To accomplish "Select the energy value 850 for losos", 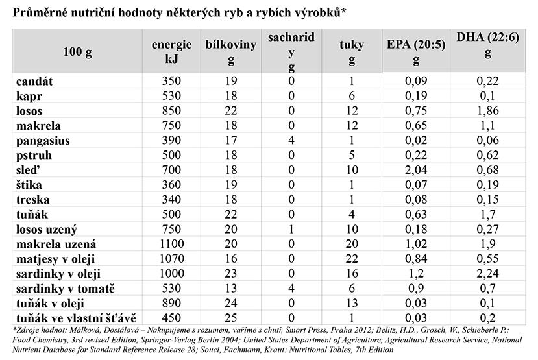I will (172, 111).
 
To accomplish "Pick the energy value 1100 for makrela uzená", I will (172, 245).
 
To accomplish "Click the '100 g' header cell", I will (78, 53).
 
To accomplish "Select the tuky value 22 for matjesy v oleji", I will (352, 259).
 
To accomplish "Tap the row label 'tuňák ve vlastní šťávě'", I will (75, 318).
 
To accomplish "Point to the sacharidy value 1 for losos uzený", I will (291, 230).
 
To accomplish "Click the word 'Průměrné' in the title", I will (42, 12).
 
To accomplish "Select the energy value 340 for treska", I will (172, 200).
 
